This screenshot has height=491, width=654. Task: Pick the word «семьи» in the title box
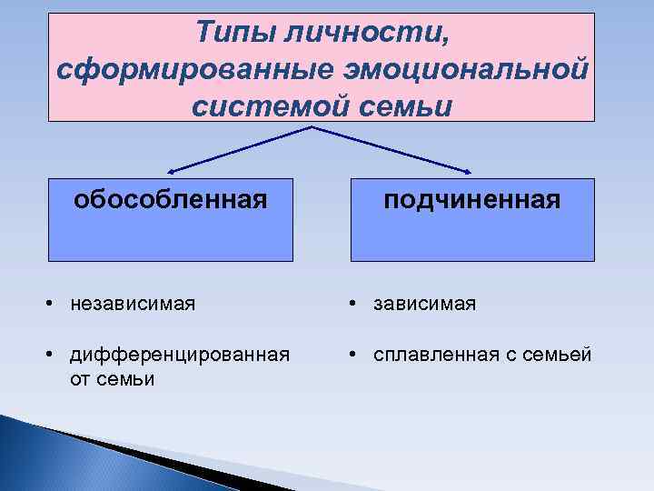pyautogui.click(x=407, y=105)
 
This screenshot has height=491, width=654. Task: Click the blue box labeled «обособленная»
pyautogui.click(x=171, y=220)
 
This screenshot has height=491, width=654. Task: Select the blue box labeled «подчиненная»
pyautogui.click(x=472, y=220)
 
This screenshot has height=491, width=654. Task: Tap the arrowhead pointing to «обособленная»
pyautogui.click(x=173, y=169)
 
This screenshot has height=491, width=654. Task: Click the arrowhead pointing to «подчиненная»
pyautogui.click(x=470, y=169)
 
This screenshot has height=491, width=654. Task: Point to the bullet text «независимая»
pyautogui.click(x=132, y=302)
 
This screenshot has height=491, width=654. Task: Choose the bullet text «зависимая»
pyautogui.click(x=424, y=302)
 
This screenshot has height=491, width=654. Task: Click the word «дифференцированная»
pyautogui.click(x=180, y=355)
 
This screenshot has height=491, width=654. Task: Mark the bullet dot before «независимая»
pyautogui.click(x=54, y=303)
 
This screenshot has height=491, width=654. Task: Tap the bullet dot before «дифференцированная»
pyautogui.click(x=54, y=356)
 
